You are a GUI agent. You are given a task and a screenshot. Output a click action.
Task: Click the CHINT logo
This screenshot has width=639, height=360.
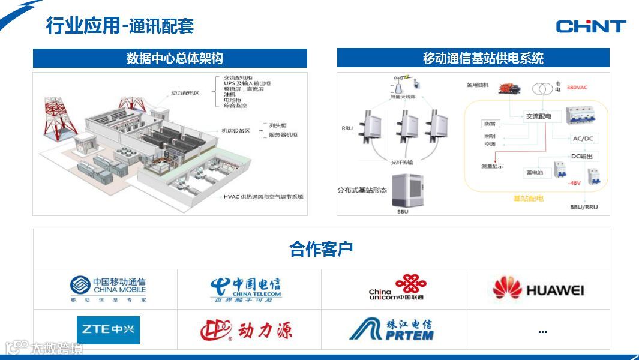coord(590,26)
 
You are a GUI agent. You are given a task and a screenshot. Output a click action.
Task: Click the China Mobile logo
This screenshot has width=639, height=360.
coord(108,289)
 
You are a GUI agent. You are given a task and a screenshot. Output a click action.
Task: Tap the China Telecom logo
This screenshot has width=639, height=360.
coord(246,289)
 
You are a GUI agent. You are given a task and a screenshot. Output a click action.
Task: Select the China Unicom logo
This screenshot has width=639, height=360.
coord(396,288)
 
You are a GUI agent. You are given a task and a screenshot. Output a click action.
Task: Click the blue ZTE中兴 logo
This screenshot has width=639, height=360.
coord(108,330)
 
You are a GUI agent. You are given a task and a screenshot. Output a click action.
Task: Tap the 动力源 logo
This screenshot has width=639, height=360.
coord(246,329)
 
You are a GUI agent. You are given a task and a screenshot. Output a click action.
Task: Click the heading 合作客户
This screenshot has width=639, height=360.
coord(321,249)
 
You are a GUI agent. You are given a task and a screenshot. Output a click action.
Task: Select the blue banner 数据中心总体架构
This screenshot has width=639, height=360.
coord(170,58)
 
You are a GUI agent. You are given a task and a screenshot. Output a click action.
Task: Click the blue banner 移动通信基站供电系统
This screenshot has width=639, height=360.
coord(473,58)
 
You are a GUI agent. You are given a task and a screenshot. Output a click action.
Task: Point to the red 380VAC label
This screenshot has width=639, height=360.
coord(577,88)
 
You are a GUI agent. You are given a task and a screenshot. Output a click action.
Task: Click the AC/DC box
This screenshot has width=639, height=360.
coord(582,139)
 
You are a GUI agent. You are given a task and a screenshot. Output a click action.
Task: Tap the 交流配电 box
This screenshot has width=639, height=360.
coord(538,116)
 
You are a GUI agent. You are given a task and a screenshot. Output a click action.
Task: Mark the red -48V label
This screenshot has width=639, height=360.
coord(575,182)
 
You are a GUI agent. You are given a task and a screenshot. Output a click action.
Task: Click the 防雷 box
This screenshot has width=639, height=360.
coord(490,124)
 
